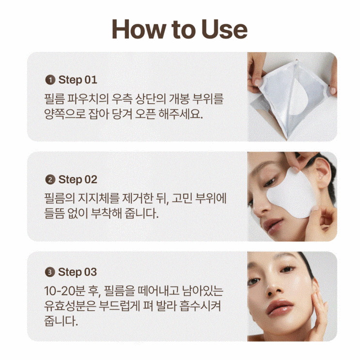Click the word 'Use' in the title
click(224, 29)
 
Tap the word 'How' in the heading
click(139, 29)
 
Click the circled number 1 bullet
click(50, 80)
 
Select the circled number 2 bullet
click(50, 180)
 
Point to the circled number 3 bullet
click(50, 272)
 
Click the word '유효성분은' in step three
click(70, 306)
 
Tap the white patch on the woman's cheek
click(291, 193)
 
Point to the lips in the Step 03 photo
click(280, 307)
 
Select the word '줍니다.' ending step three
click(61, 321)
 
